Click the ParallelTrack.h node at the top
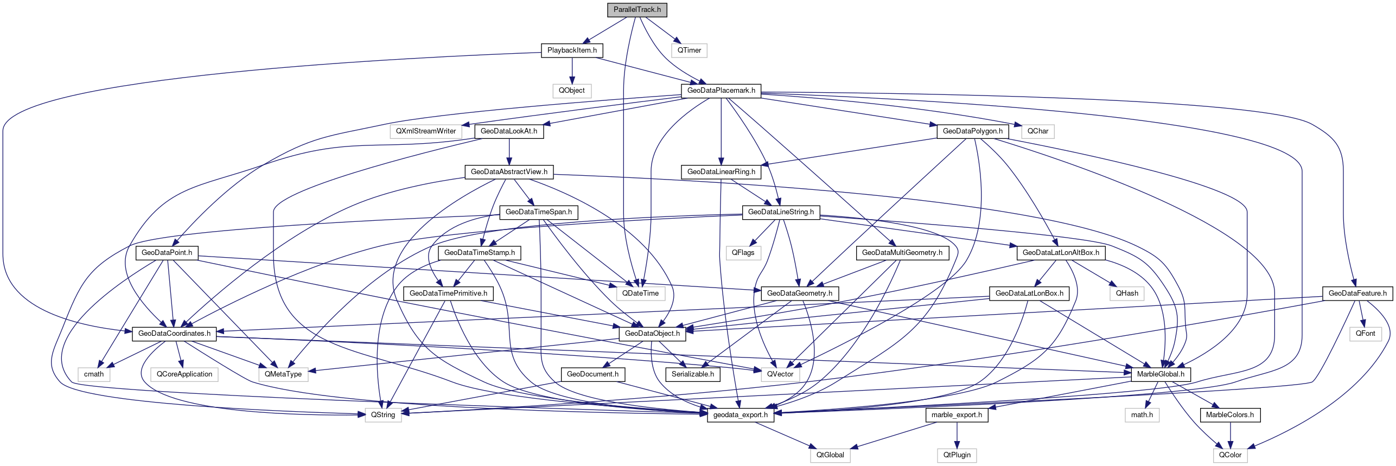click(637, 10)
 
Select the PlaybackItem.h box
click(572, 50)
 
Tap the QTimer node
click(689, 50)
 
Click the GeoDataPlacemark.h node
click(721, 91)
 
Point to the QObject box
click(572, 91)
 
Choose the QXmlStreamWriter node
click(426, 131)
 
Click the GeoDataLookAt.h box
click(509, 131)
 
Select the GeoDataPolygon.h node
click(972, 131)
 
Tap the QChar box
click(1037, 131)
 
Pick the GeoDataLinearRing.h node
click(721, 172)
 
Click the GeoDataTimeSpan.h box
click(539, 212)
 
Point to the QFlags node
click(743, 253)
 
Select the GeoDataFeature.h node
click(1357, 293)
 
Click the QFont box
click(1365, 334)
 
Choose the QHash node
click(1127, 293)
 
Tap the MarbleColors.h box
click(1230, 415)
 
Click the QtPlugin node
click(957, 455)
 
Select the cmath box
click(94, 374)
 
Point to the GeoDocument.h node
click(592, 374)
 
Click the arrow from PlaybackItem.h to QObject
click(572, 71)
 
